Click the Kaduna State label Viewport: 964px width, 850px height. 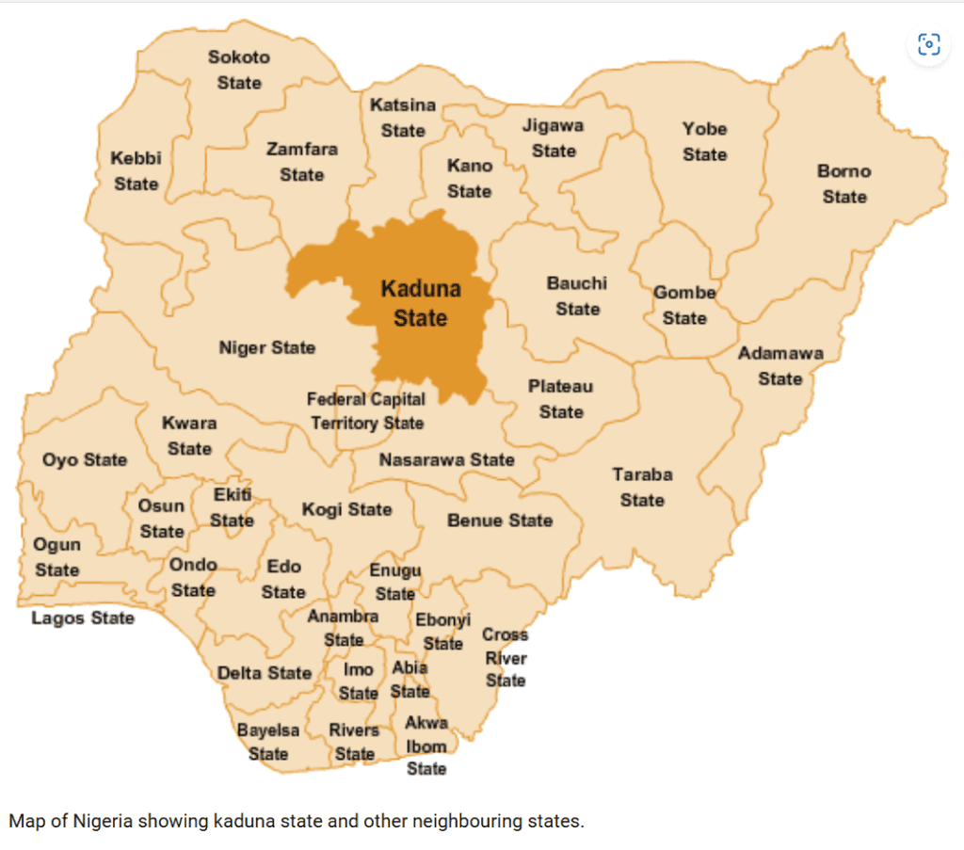pos(420,303)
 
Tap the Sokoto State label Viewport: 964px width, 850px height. pos(239,70)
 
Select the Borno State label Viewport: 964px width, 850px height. pos(844,184)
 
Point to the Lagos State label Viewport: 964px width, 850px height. pos(83,618)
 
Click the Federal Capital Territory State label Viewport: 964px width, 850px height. pos(366,411)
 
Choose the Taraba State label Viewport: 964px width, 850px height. pos(642,487)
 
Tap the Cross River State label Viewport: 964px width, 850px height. pos(506,657)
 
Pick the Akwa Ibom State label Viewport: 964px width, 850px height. pos(426,746)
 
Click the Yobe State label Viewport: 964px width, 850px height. pos(704,141)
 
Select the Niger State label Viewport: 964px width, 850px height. pos(267,348)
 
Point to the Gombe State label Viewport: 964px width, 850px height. pos(684,305)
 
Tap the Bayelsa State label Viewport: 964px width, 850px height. pos(268,742)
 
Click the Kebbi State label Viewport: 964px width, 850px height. pos(137,170)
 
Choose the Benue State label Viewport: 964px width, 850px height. pos(500,521)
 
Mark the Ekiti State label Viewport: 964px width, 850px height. pos(233,507)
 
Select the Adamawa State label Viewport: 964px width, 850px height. pos(780,366)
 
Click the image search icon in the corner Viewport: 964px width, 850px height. pos(928,44)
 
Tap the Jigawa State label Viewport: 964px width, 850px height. pos(554,137)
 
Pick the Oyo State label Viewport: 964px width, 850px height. pos(85,460)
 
